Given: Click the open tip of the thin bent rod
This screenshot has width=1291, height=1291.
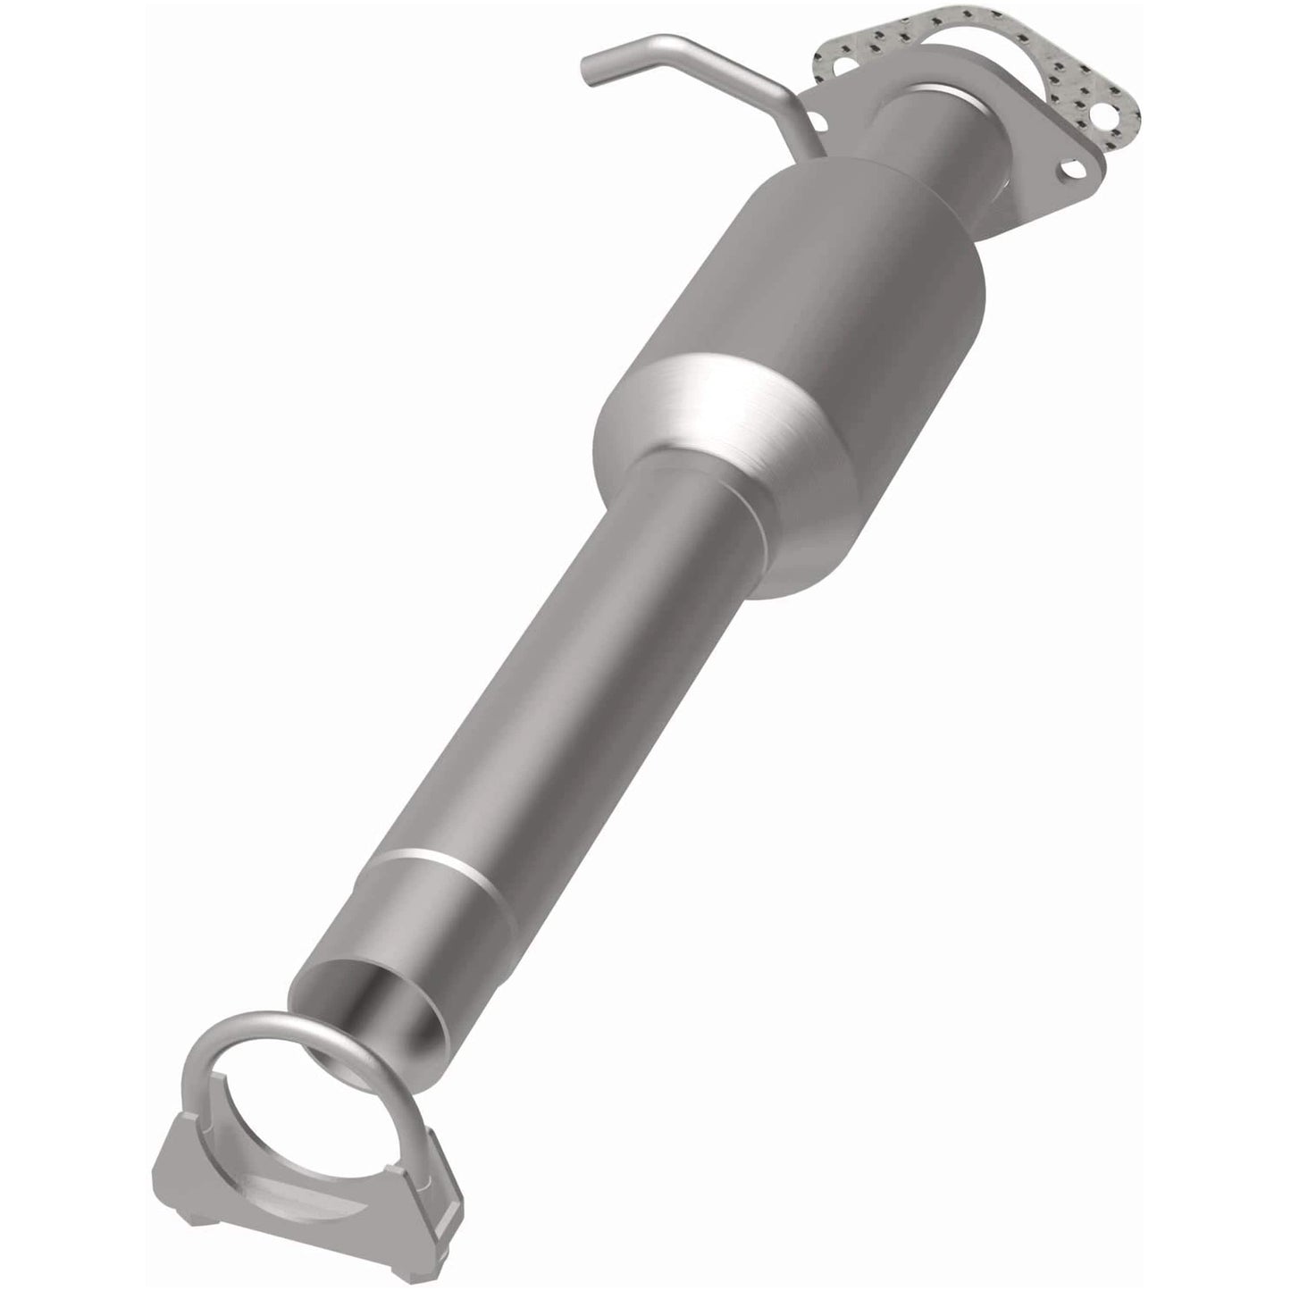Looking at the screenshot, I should coord(589,74).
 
